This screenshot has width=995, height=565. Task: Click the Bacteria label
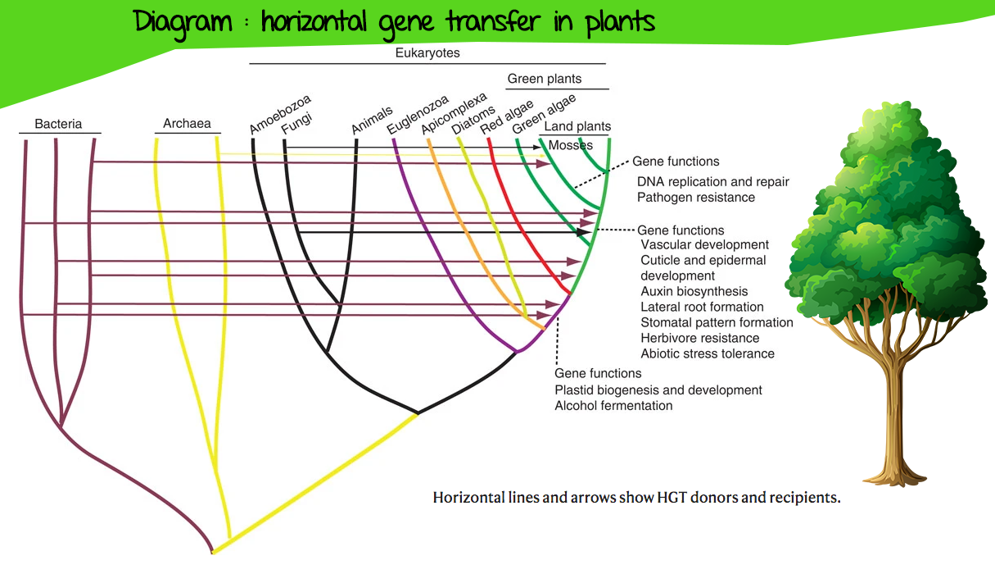(x=58, y=124)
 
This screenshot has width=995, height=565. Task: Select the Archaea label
(x=187, y=123)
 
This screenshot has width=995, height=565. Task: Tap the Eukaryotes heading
(x=427, y=53)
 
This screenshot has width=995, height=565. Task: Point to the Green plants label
(x=544, y=79)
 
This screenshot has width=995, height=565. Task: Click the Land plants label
(x=577, y=126)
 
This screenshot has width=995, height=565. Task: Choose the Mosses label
(x=571, y=145)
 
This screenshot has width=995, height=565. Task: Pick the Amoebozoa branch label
(x=280, y=114)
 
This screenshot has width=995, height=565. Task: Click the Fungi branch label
(x=296, y=123)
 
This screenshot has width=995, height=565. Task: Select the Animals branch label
(x=372, y=120)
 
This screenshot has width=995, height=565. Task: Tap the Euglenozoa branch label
(x=418, y=115)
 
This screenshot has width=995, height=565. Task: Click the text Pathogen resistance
(x=695, y=198)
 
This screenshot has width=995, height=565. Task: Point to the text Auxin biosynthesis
(x=694, y=291)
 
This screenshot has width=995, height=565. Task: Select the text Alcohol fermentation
(x=613, y=406)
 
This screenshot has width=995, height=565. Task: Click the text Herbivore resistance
(x=699, y=338)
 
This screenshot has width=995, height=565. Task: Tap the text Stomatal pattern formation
(x=717, y=322)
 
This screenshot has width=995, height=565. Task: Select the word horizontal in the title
(x=314, y=22)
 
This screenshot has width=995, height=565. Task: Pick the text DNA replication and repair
(x=713, y=182)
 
